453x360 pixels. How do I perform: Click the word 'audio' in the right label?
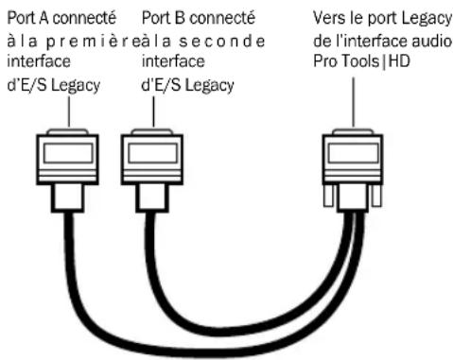coord(427,36)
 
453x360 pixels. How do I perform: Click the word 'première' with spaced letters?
coord(89,36)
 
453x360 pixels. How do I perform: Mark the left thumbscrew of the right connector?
coord(329,198)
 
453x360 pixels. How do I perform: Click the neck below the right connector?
coord(353,200)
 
